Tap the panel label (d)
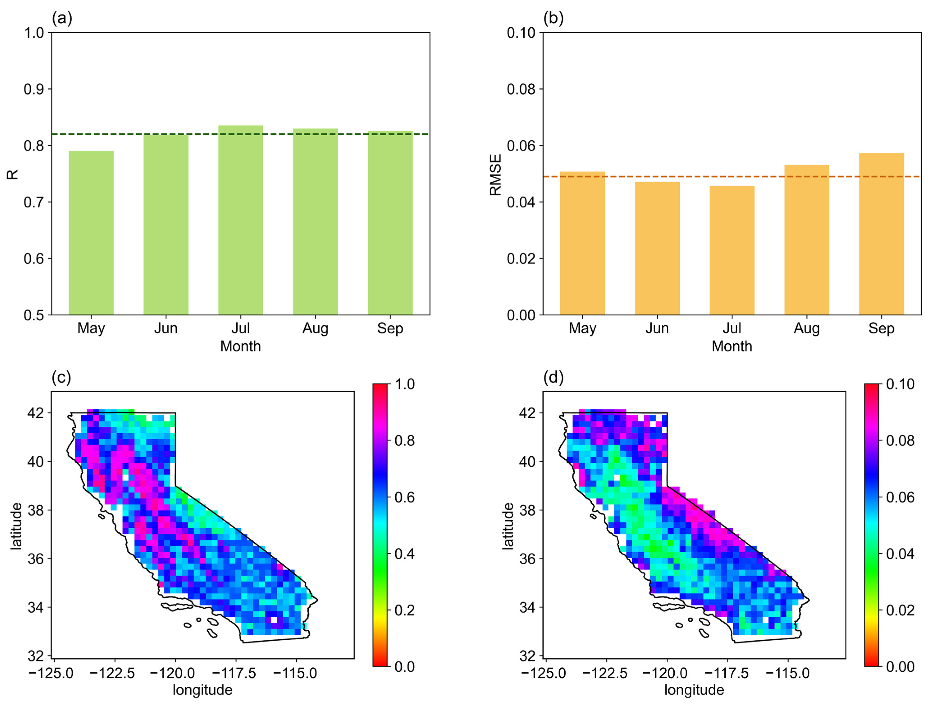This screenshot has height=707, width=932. [553, 378]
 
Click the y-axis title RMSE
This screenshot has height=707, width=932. [495, 174]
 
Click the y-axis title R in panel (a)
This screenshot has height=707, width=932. [13, 174]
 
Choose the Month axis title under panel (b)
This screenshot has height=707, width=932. [732, 346]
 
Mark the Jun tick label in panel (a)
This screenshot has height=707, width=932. [166, 328]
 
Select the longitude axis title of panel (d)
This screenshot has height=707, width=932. [694, 690]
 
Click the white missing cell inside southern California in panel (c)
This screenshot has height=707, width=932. [274, 620]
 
